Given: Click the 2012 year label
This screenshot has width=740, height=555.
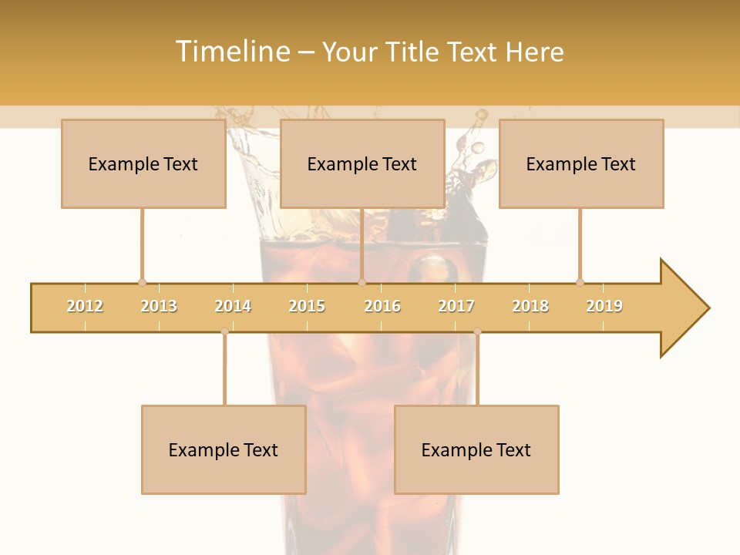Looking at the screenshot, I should [85, 306].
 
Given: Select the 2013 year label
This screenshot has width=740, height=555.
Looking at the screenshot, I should [159, 306].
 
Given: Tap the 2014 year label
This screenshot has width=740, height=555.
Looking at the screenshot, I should [233, 306].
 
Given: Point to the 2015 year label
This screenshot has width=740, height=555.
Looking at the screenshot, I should [307, 306].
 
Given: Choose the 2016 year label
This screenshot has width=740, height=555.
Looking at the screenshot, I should [382, 306].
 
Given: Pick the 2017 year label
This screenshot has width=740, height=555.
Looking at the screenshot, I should [456, 306].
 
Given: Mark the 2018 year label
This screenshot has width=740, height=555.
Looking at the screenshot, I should [530, 306].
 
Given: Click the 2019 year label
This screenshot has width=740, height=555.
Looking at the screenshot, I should [604, 306].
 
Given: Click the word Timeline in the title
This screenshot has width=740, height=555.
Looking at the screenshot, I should [230, 52].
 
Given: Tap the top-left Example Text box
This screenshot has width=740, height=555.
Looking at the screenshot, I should [143, 163].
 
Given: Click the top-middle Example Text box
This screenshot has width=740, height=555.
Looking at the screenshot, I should [362, 163].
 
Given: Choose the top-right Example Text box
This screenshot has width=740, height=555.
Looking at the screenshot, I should [581, 163].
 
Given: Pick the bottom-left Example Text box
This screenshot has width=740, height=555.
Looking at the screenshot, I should [224, 449].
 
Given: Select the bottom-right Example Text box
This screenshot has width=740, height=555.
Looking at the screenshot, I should [476, 449].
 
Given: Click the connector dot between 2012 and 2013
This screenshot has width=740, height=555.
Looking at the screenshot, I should [142, 282].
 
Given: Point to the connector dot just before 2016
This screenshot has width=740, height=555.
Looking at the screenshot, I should [362, 282].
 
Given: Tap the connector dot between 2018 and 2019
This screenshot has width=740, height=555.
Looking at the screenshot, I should [580, 282].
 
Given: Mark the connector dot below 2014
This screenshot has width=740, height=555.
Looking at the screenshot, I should [224, 331].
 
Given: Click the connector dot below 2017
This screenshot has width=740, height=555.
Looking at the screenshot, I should [477, 331].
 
